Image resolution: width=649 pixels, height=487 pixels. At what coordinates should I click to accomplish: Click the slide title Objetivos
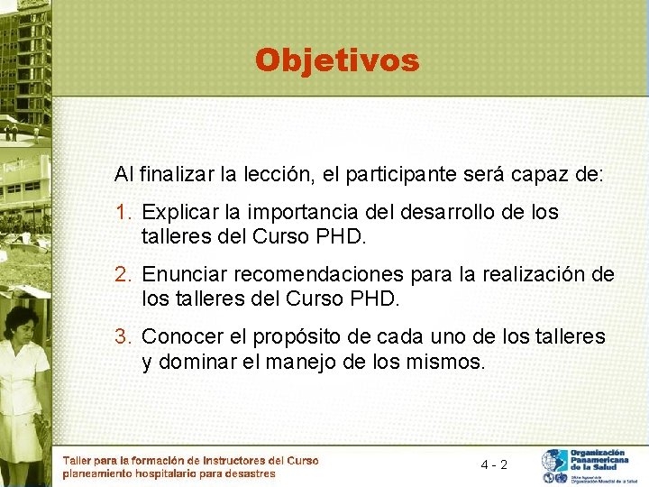click(337, 60)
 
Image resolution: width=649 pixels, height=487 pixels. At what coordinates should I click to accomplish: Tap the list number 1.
click(123, 213)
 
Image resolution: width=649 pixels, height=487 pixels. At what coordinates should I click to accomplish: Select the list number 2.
click(123, 274)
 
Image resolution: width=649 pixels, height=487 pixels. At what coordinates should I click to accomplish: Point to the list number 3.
click(123, 337)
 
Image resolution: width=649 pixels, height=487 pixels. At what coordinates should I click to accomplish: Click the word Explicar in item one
click(176, 213)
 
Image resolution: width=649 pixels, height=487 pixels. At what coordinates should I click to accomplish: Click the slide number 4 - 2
click(494, 464)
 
